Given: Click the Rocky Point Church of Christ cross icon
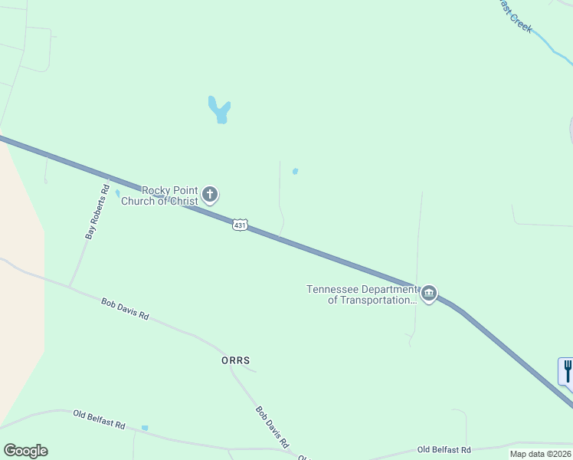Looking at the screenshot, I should point(211,195).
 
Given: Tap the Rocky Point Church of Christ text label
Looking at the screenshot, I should point(170,195).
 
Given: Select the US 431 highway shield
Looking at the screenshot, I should point(240,225).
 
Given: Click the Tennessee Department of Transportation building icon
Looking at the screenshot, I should point(429,294).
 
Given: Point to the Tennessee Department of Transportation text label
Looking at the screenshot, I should point(362,294).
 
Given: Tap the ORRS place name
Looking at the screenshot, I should point(235,360).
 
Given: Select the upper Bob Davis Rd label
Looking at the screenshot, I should point(125,309).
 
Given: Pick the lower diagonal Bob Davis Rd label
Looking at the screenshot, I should point(272,428).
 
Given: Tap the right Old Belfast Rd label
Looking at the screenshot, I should point(444,449).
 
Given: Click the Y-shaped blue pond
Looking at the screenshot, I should point(220,110).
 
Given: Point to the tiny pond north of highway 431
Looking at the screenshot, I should point(295,171).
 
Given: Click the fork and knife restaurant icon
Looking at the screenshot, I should point(567,372).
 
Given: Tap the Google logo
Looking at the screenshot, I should point(25,451).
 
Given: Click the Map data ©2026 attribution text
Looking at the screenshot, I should point(540,454).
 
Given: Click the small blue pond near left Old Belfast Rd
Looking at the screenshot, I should point(145,428).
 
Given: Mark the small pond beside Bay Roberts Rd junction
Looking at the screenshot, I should point(117,193).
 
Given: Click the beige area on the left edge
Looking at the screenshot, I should point(19,291).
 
